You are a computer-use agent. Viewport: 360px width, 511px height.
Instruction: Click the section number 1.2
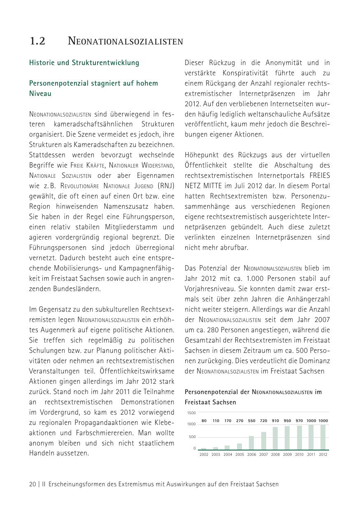pyautogui.click(x=37, y=41)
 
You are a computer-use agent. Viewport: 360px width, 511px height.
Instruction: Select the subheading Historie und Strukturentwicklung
pyautogui.click(x=84, y=63)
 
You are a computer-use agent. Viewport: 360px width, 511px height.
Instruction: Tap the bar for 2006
pyautogui.click(x=251, y=443)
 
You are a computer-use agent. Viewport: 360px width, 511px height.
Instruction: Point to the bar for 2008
pyautogui.click(x=275, y=439)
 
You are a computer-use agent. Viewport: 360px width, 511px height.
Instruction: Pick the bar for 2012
pyautogui.click(x=323, y=437)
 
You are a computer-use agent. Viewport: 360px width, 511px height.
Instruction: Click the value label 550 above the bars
pyautogui.click(x=251, y=421)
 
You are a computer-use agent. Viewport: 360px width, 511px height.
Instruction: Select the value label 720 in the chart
pyautogui.click(x=263, y=421)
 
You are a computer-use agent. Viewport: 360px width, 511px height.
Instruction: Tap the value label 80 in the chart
pyautogui.click(x=204, y=421)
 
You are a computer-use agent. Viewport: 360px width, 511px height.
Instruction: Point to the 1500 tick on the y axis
pyautogui.click(x=191, y=413)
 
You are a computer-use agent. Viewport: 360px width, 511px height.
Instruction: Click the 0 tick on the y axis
pyautogui.click(x=195, y=448)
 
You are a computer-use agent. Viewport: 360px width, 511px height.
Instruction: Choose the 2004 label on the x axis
pyautogui.click(x=228, y=455)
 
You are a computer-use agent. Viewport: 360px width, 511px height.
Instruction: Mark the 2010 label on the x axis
pyautogui.click(x=299, y=455)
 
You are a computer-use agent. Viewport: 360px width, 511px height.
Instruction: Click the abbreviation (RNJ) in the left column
pyautogui.click(x=166, y=186)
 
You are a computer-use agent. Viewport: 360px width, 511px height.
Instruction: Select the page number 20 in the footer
pyautogui.click(x=33, y=484)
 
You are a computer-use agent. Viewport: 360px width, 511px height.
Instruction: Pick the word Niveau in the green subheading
pyautogui.click(x=40, y=93)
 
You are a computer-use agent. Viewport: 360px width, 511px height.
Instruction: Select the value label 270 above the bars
pyautogui.click(x=239, y=421)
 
